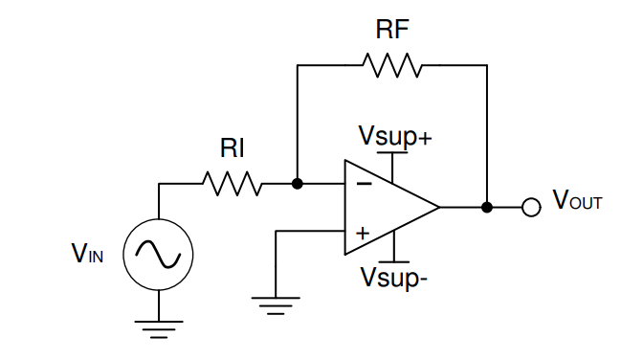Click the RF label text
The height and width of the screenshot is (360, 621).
pos(392,29)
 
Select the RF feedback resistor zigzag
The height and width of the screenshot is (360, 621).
pos(392,65)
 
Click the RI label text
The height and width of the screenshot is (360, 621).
pos(233,148)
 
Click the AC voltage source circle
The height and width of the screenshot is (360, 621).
pos(159,253)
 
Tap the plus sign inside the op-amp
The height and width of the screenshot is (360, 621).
pos(363,233)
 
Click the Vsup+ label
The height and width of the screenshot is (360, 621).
pos(394,135)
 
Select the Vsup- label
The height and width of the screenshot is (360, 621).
pos(393,279)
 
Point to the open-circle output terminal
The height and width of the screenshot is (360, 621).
pos(531,207)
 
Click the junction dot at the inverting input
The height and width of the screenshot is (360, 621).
pos(298,183)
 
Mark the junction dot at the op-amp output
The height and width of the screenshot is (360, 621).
pos(487,207)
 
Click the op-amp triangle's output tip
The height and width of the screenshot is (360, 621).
pos(438,207)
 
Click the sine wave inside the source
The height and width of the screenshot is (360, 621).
pos(159,253)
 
